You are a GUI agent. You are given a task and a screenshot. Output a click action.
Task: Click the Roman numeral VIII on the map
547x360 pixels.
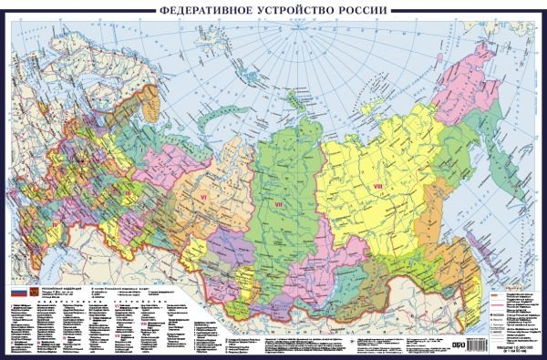click(x=376, y=187)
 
